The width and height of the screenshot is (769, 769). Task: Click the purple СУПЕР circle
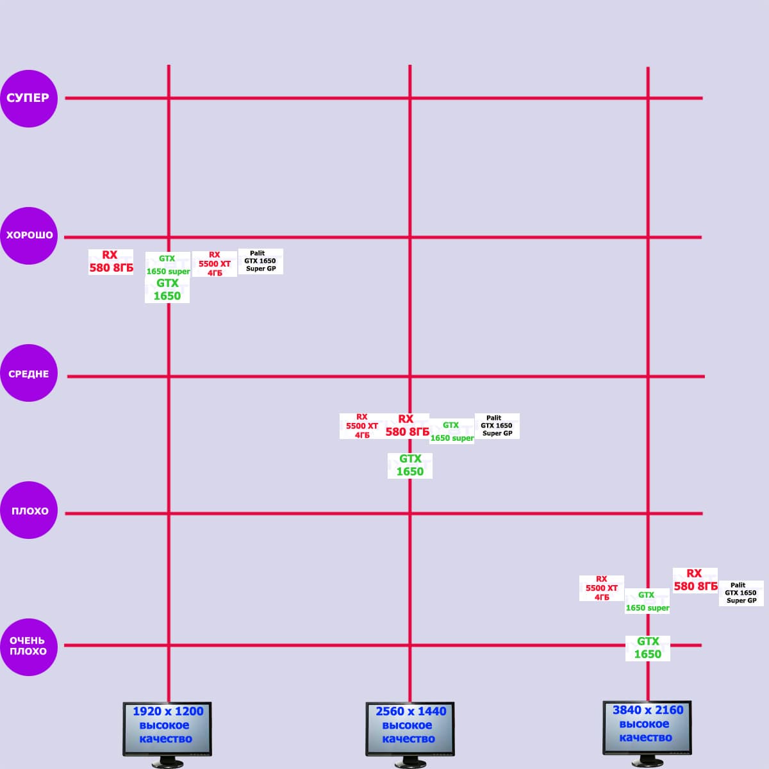(x=29, y=98)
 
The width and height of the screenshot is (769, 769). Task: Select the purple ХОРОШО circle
(x=29, y=235)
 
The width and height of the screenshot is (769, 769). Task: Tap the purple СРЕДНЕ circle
(x=29, y=373)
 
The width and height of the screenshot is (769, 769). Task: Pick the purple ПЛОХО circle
(x=29, y=511)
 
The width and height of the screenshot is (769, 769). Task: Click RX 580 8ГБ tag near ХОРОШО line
(x=111, y=261)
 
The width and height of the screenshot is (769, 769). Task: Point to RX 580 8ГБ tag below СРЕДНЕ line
(x=407, y=426)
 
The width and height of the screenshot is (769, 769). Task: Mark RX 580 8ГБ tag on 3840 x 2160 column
(x=695, y=580)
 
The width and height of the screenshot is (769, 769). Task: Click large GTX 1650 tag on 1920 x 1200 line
(x=167, y=290)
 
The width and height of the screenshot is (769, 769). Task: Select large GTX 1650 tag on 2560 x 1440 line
(x=410, y=465)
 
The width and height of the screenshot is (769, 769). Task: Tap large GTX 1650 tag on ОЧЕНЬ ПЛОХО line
(x=648, y=648)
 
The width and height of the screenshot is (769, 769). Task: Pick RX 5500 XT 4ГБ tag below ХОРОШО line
(x=215, y=264)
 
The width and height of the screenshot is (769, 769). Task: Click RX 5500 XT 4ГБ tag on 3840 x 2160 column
(x=602, y=588)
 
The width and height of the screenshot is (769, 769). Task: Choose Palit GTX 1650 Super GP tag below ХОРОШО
(x=261, y=261)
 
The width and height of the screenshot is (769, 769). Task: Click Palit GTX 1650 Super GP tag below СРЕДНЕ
(x=497, y=426)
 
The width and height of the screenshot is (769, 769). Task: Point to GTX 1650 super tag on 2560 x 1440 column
(x=452, y=432)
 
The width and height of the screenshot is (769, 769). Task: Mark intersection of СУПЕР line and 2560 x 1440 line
(x=410, y=98)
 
